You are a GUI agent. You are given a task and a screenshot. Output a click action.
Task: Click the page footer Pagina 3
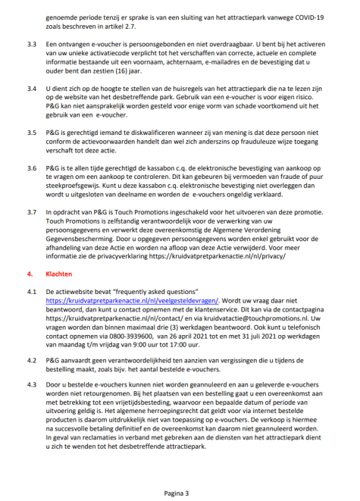pos(179,491)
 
